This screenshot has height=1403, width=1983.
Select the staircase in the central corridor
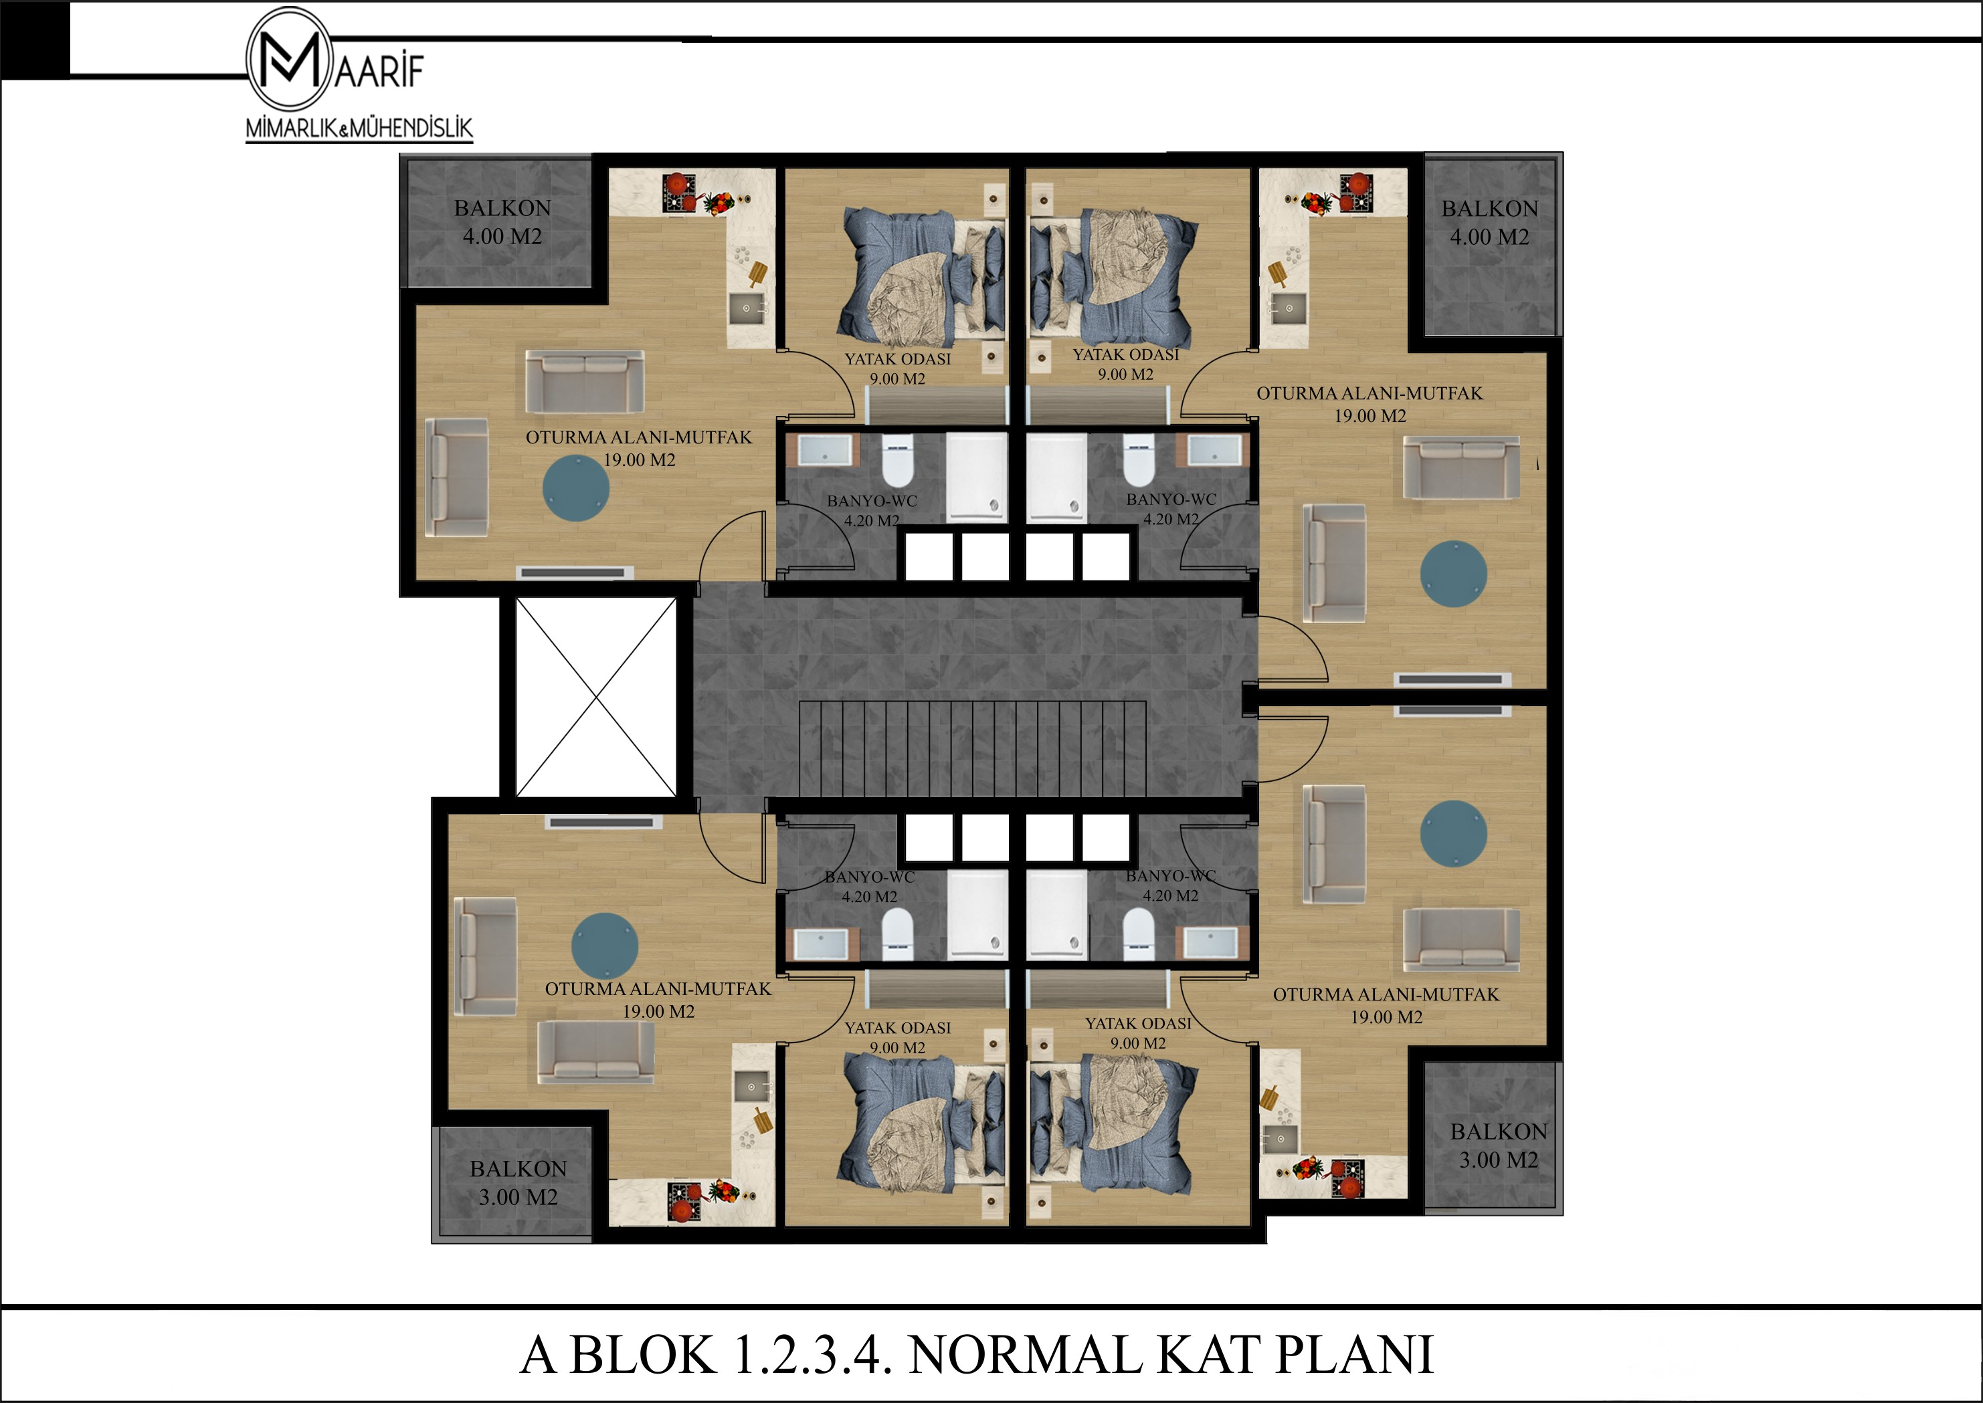[972, 748]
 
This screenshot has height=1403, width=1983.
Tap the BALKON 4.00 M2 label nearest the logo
[502, 222]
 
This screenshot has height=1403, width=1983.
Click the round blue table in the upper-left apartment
[576, 488]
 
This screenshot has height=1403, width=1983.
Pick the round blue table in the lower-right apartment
[1454, 833]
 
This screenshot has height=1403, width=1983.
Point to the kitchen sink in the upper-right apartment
[1289, 308]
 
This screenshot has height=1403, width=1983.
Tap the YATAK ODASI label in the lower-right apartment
[1138, 1033]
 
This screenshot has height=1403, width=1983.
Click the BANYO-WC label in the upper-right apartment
[1171, 509]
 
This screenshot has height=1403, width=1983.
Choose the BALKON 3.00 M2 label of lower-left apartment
[518, 1183]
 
